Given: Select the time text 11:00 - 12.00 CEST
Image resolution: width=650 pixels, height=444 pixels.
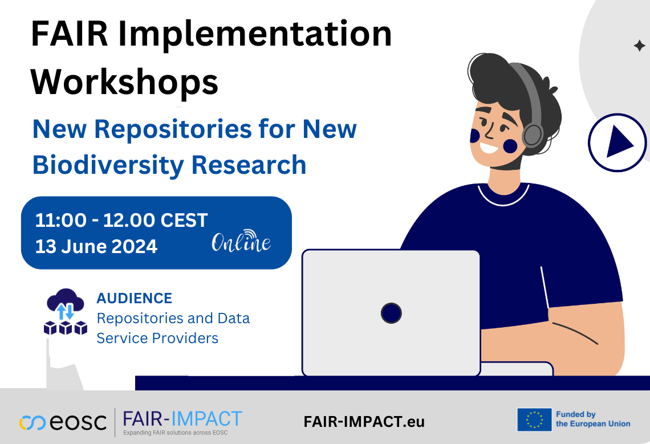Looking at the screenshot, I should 121,220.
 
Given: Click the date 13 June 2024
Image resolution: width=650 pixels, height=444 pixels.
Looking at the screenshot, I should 96,246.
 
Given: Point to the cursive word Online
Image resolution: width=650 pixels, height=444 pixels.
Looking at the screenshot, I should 241,242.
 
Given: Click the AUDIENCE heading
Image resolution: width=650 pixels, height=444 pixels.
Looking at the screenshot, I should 134,298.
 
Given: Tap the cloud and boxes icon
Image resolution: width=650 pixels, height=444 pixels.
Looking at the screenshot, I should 66,312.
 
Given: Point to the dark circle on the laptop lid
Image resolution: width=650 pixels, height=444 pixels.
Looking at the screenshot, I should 391,313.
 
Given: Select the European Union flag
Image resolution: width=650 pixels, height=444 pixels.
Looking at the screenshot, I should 534,419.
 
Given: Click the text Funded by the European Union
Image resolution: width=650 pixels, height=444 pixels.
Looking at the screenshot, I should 593,419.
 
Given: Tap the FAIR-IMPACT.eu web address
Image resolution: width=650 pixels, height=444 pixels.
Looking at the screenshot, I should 364,422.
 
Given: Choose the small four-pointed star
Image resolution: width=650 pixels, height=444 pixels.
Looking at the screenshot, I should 640,46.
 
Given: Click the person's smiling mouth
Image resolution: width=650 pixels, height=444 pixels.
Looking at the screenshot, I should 489,148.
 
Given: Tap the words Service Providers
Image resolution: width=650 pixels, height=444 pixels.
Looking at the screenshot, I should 157,338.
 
